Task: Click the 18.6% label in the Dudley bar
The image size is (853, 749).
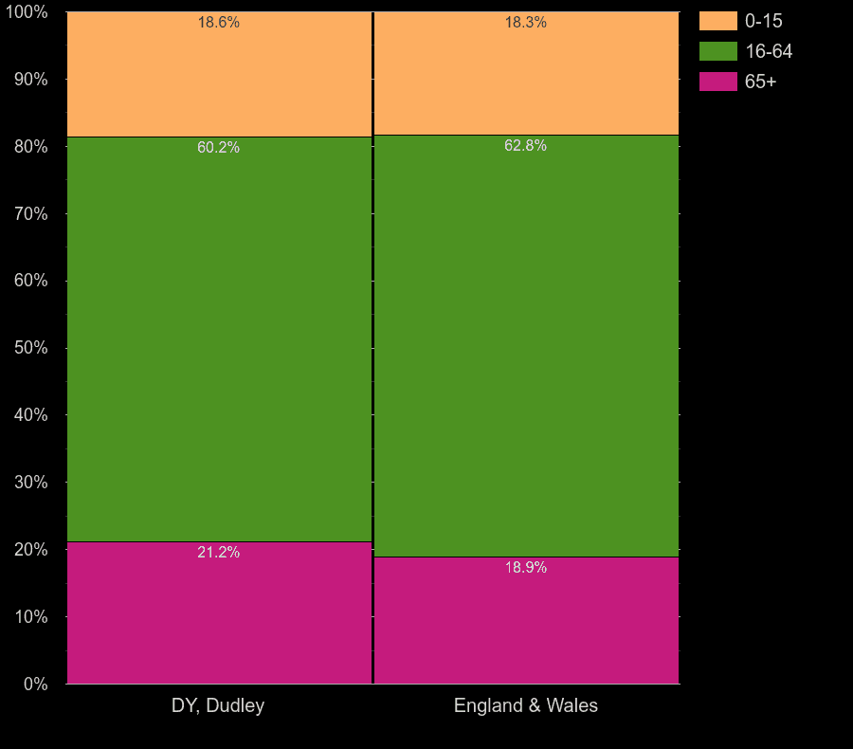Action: [x=219, y=23]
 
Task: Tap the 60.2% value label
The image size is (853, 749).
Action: [x=219, y=148]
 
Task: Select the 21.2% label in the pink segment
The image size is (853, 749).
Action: [x=219, y=553]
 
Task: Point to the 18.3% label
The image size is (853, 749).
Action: [x=526, y=23]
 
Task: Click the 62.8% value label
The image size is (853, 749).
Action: [x=526, y=146]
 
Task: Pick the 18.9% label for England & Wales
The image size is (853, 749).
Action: [x=526, y=568]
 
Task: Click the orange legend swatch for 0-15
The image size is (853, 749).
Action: [x=717, y=21]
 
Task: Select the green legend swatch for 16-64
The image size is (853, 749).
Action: [x=717, y=51]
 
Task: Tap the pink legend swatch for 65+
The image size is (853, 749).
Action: [x=717, y=82]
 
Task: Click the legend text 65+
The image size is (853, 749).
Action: [x=760, y=82]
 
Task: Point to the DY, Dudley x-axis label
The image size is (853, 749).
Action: [x=218, y=705]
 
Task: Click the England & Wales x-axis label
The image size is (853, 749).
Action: [x=526, y=705]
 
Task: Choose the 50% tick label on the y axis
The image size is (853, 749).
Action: [x=30, y=348]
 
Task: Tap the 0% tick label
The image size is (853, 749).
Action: [x=35, y=684]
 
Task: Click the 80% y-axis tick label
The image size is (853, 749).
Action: [x=30, y=147]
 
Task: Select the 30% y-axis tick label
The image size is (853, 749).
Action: [x=30, y=483]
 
